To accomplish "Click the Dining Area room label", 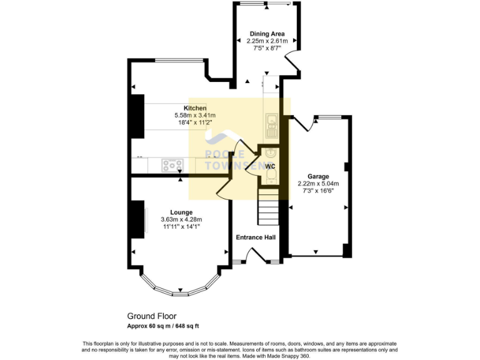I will click(x=267, y=33).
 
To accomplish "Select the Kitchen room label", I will click(x=195, y=108).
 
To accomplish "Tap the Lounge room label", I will click(x=181, y=212).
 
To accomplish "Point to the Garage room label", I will click(x=318, y=177).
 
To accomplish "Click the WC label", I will click(x=270, y=167).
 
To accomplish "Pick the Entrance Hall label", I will click(x=255, y=237).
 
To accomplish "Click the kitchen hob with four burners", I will click(x=172, y=165).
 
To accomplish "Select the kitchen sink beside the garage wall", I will click(x=271, y=125).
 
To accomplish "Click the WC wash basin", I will click(x=270, y=153).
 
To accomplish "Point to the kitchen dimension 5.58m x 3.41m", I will click(x=195, y=116).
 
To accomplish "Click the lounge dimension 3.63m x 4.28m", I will click(x=181, y=219).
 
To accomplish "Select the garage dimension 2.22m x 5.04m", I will click(x=318, y=184).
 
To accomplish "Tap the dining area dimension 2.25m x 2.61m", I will click(x=267, y=41).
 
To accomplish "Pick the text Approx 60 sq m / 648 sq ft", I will click(x=163, y=326).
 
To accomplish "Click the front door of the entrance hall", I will click(x=255, y=256).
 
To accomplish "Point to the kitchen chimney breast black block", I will click(x=136, y=116).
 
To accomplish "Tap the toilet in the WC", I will click(x=270, y=178).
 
